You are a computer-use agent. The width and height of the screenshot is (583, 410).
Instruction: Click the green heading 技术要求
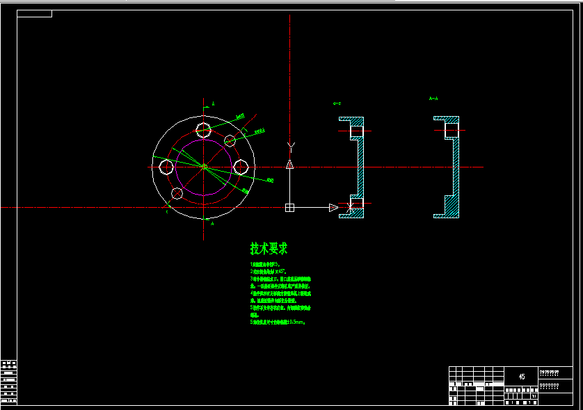click(269, 248)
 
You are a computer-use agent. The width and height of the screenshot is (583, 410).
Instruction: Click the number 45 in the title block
click(522, 376)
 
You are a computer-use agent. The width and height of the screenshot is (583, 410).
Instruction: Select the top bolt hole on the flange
click(204, 129)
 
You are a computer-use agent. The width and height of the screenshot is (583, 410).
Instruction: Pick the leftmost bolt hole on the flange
click(166, 167)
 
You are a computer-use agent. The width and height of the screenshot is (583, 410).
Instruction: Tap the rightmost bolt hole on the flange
click(241, 167)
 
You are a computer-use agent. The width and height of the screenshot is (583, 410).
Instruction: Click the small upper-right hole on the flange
click(230, 140)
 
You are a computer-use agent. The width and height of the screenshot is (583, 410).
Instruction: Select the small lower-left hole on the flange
click(177, 193)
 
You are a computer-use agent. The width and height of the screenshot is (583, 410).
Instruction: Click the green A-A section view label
click(433, 99)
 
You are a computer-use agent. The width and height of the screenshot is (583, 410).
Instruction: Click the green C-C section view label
click(337, 104)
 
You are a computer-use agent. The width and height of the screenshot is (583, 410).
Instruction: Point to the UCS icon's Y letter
click(290, 145)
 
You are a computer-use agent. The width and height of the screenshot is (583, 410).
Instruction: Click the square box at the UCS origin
click(290, 207)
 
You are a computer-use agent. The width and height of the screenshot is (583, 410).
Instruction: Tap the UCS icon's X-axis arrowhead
click(334, 207)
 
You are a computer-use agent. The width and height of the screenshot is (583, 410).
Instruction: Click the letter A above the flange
click(213, 104)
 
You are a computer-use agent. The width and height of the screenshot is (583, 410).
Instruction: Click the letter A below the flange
click(212, 224)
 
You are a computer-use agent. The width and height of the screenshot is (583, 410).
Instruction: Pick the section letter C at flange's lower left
click(167, 211)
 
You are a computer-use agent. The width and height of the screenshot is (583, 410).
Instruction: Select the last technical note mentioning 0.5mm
click(278, 322)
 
